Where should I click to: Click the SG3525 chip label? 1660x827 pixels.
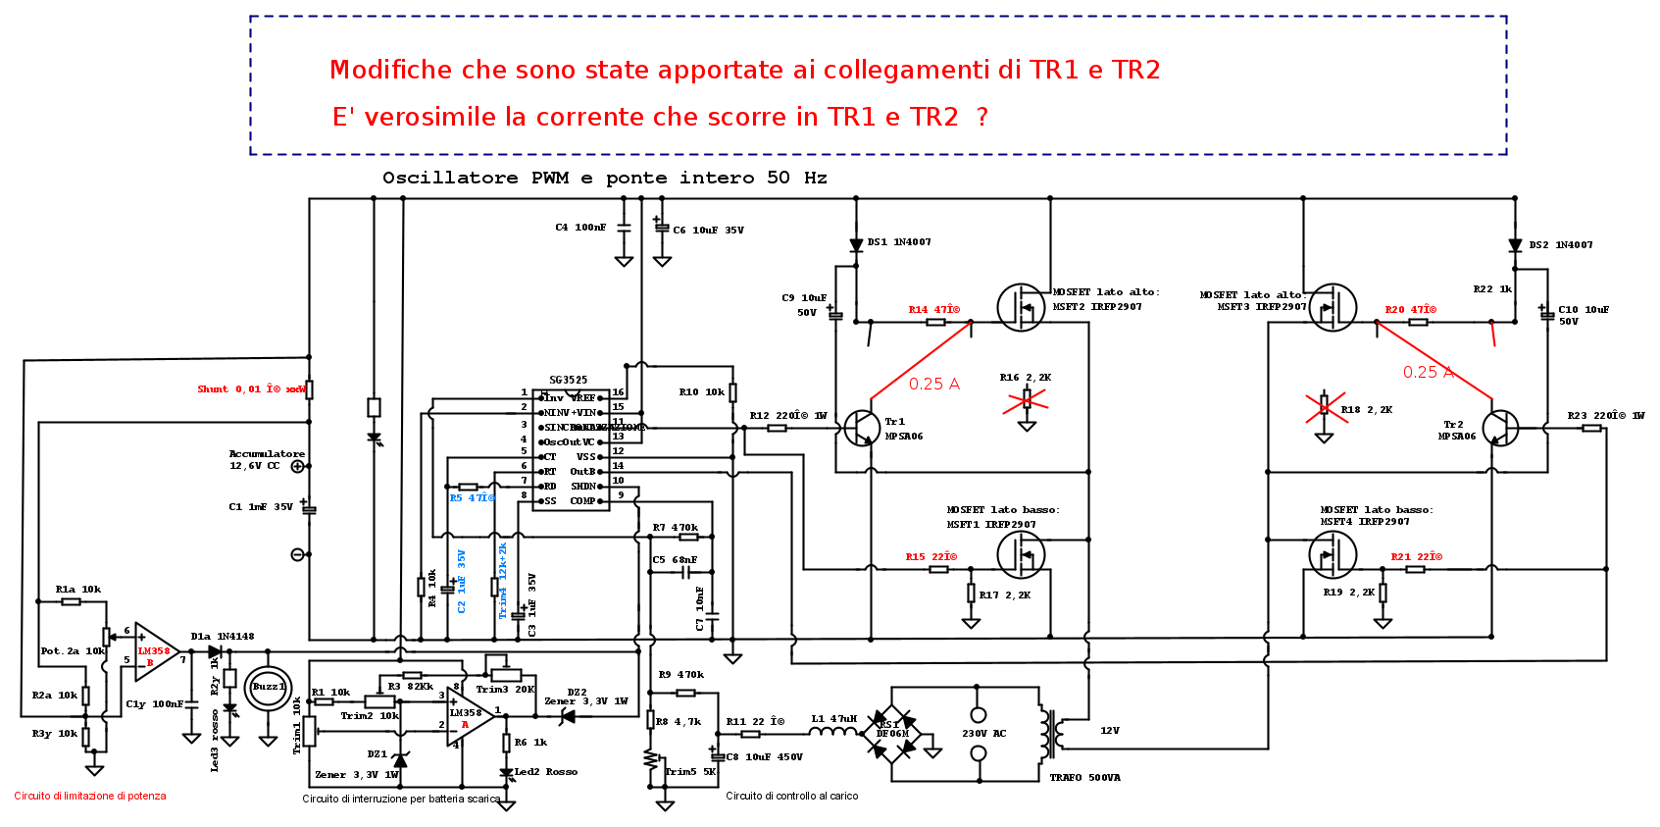click(569, 380)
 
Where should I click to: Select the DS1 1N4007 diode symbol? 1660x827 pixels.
click(856, 245)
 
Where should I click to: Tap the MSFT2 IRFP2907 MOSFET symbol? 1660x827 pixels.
click(1022, 307)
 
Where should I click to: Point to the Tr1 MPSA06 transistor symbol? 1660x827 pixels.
click(861, 428)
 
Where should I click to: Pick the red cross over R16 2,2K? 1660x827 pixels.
click(1027, 399)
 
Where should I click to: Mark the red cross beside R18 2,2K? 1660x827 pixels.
click(1325, 407)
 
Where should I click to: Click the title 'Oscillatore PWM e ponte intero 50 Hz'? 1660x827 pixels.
click(604, 178)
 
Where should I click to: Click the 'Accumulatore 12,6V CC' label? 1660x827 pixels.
click(267, 459)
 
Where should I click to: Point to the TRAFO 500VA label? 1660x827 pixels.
click(1084, 778)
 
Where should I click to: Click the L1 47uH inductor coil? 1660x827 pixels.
click(833, 732)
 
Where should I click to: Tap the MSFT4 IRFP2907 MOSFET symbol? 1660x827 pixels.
click(1333, 554)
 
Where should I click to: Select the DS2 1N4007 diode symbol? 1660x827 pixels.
click(1515, 246)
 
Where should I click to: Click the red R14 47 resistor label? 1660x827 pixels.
click(933, 310)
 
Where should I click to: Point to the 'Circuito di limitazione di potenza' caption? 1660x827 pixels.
click(90, 797)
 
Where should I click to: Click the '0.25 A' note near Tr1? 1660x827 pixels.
click(933, 385)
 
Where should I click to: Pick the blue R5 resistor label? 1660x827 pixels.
click(473, 498)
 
